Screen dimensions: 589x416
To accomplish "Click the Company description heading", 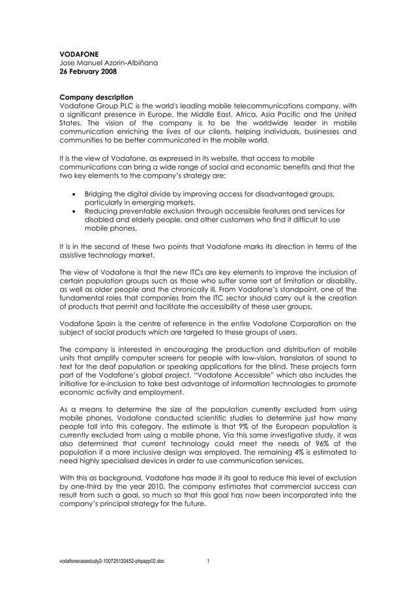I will coord(97,97).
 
